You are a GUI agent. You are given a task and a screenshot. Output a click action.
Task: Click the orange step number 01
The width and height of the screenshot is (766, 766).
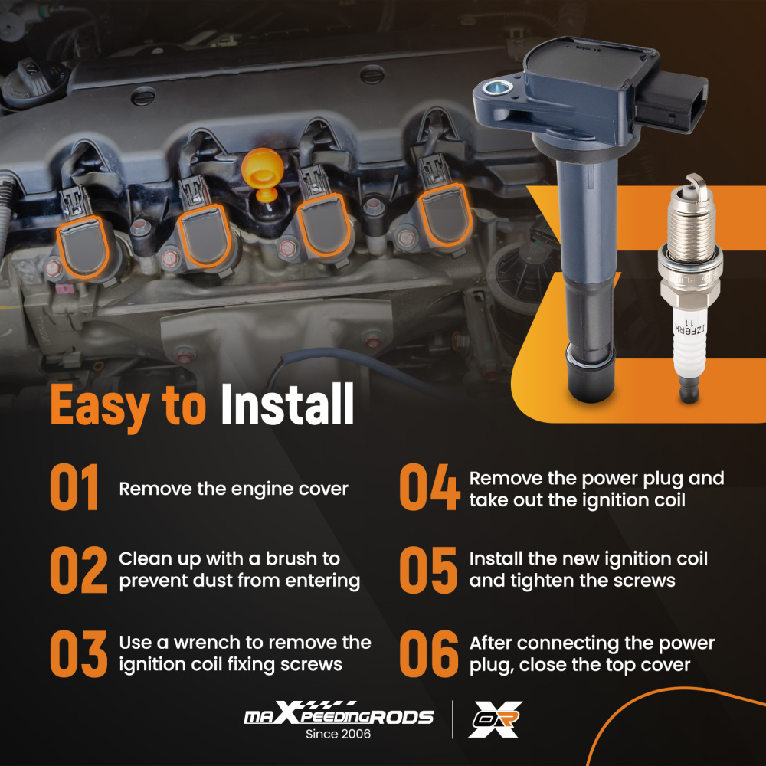pyautogui.click(x=74, y=487)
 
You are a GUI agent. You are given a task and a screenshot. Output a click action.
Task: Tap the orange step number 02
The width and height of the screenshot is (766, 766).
pyautogui.click(x=79, y=570)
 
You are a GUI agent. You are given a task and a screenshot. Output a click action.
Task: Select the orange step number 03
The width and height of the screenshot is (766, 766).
pyautogui.click(x=79, y=653)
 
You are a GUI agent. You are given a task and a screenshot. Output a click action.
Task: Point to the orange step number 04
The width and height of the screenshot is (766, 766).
pyautogui.click(x=430, y=487)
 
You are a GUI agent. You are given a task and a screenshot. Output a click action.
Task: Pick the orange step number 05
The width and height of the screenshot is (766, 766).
pyautogui.click(x=428, y=570)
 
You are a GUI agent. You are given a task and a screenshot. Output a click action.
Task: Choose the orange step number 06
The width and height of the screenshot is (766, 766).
pyautogui.click(x=429, y=653)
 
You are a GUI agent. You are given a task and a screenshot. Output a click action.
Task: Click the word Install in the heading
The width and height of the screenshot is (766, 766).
pyautogui.click(x=287, y=404)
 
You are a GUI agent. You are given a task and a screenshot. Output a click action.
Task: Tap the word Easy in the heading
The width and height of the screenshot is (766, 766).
pyautogui.click(x=100, y=407)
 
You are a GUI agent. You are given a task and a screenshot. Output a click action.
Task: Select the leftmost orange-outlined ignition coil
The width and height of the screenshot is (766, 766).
pyautogui.click(x=83, y=247)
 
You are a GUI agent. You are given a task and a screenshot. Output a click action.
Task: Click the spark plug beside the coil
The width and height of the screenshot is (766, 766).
pyautogui.click(x=689, y=288)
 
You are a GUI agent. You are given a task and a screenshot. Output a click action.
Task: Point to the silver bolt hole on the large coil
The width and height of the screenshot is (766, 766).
pyautogui.click(x=498, y=88)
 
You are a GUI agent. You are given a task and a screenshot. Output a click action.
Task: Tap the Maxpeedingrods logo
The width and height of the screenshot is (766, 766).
pyautogui.click(x=339, y=713)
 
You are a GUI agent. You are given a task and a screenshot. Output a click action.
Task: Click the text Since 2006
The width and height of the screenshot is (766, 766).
pyautogui.click(x=338, y=734)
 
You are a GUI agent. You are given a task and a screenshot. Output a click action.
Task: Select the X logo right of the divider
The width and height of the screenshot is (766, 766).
pyautogui.click(x=496, y=719)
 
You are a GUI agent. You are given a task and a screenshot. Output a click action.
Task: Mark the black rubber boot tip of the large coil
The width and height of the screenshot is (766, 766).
pyautogui.click(x=590, y=374)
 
